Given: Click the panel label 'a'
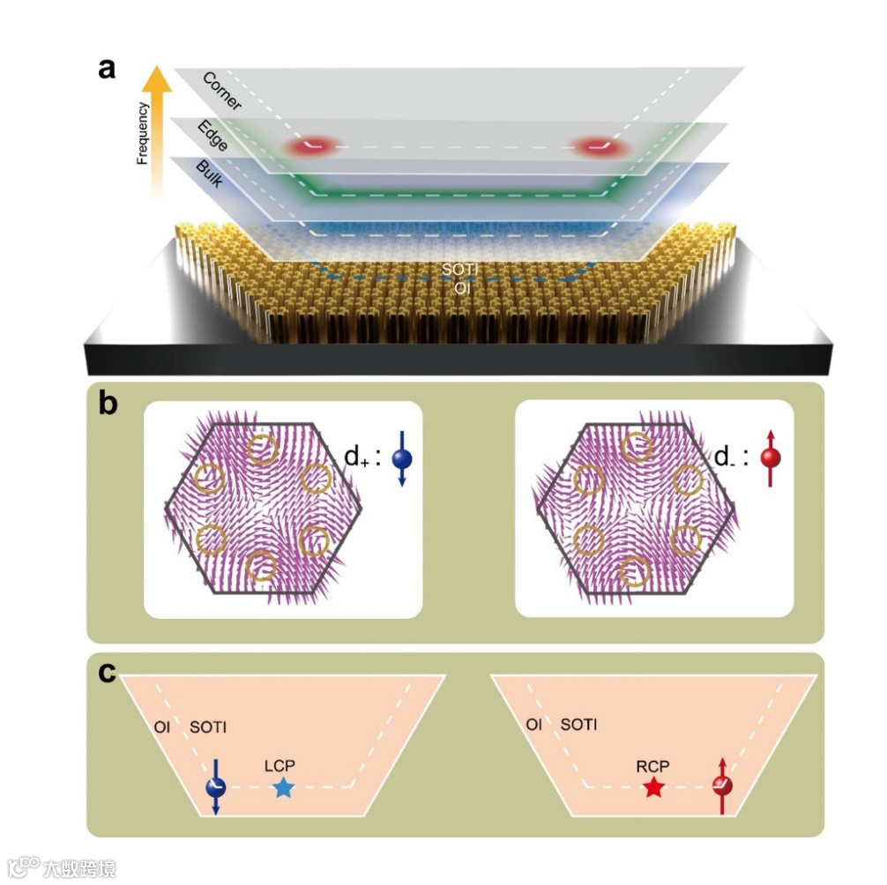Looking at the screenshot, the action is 107,68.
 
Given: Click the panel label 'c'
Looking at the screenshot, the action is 107,673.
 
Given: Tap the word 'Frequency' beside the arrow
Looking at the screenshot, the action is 141,134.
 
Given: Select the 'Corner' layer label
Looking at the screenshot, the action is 221,91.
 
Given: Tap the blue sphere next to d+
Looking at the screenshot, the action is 402,458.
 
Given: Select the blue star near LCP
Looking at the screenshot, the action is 282,788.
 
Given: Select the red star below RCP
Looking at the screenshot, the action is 653,788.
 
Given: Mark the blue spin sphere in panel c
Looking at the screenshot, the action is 215,787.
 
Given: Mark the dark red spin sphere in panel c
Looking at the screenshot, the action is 723,786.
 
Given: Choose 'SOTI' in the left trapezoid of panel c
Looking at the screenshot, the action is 208,727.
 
